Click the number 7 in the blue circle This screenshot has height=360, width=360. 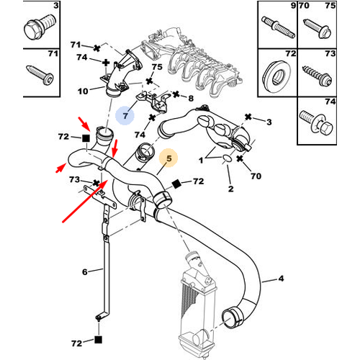(x=125, y=116)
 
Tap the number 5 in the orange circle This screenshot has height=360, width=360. (x=169, y=158)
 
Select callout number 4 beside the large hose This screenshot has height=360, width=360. (x=281, y=279)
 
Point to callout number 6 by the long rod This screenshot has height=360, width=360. (x=85, y=272)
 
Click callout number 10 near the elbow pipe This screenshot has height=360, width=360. (x=83, y=91)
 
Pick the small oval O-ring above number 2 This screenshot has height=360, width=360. (x=227, y=158)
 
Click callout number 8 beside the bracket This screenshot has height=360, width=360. (x=191, y=98)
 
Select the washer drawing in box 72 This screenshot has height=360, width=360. (x=276, y=73)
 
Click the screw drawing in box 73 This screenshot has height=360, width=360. (x=318, y=74)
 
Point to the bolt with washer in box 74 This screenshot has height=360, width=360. (x=316, y=122)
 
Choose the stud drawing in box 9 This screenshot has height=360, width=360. (x=279, y=27)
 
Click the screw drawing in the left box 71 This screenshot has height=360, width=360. (x=40, y=75)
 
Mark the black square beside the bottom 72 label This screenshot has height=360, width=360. (x=98, y=340)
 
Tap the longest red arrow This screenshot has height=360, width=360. (x=85, y=201)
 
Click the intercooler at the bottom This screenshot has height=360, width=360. (x=197, y=305)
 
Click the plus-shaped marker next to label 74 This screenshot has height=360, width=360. (x=106, y=63)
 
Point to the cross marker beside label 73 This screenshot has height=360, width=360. (x=96, y=184)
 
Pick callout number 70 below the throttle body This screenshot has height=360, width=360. (x=256, y=176)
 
